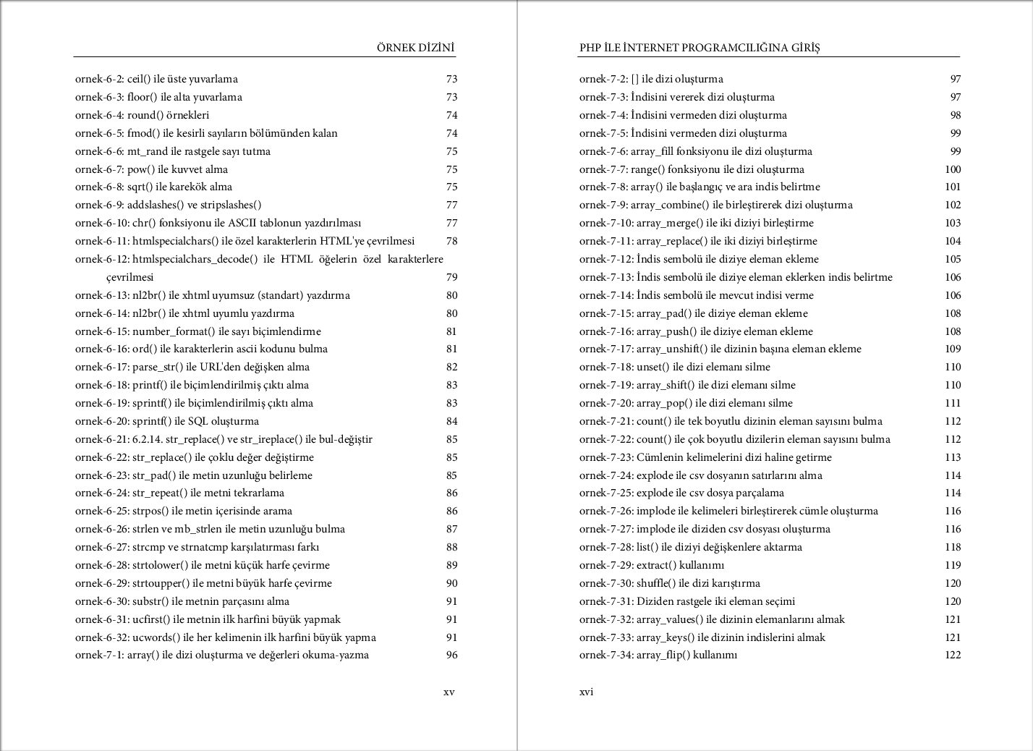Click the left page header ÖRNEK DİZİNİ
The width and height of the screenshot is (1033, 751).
[x=415, y=48]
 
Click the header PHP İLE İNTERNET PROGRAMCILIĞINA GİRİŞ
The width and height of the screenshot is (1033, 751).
[x=699, y=48]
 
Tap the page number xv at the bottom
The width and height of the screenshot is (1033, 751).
[x=449, y=692]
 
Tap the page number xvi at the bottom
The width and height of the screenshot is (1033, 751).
[x=586, y=692]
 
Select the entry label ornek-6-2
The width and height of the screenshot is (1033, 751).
[x=99, y=79]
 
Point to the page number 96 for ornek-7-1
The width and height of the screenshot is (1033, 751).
[x=451, y=655]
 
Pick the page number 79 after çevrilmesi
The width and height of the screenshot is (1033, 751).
[x=451, y=277]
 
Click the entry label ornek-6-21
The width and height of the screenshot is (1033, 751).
[x=102, y=439]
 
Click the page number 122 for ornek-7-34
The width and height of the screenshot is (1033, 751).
[x=953, y=655]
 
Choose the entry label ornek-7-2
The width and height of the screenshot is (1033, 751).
[x=603, y=79]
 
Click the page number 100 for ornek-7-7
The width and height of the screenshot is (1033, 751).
[x=953, y=169]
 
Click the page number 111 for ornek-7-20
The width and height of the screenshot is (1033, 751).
[x=953, y=403]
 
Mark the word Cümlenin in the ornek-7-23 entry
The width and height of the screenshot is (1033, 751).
[x=658, y=457]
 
